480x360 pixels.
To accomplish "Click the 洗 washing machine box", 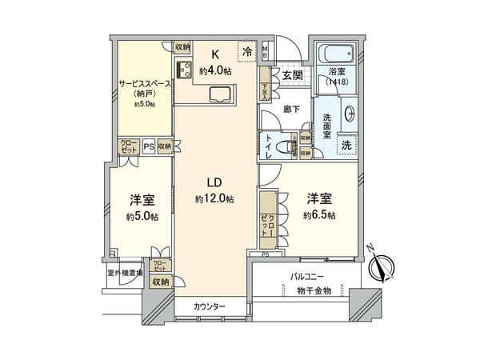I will [x=346, y=146].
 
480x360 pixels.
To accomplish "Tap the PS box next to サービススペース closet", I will [x=148, y=146].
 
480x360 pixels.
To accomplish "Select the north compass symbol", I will [x=382, y=266].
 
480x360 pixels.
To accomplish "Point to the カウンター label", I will [x=210, y=307].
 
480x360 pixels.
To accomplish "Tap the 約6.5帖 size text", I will [x=319, y=216].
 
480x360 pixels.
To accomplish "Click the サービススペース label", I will [x=144, y=82].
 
